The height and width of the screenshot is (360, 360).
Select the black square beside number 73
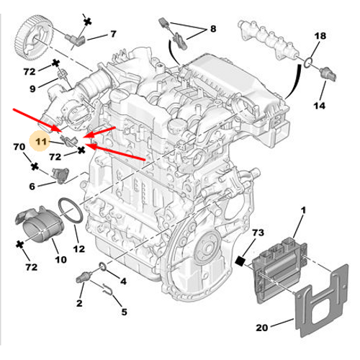[x=240, y=259]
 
